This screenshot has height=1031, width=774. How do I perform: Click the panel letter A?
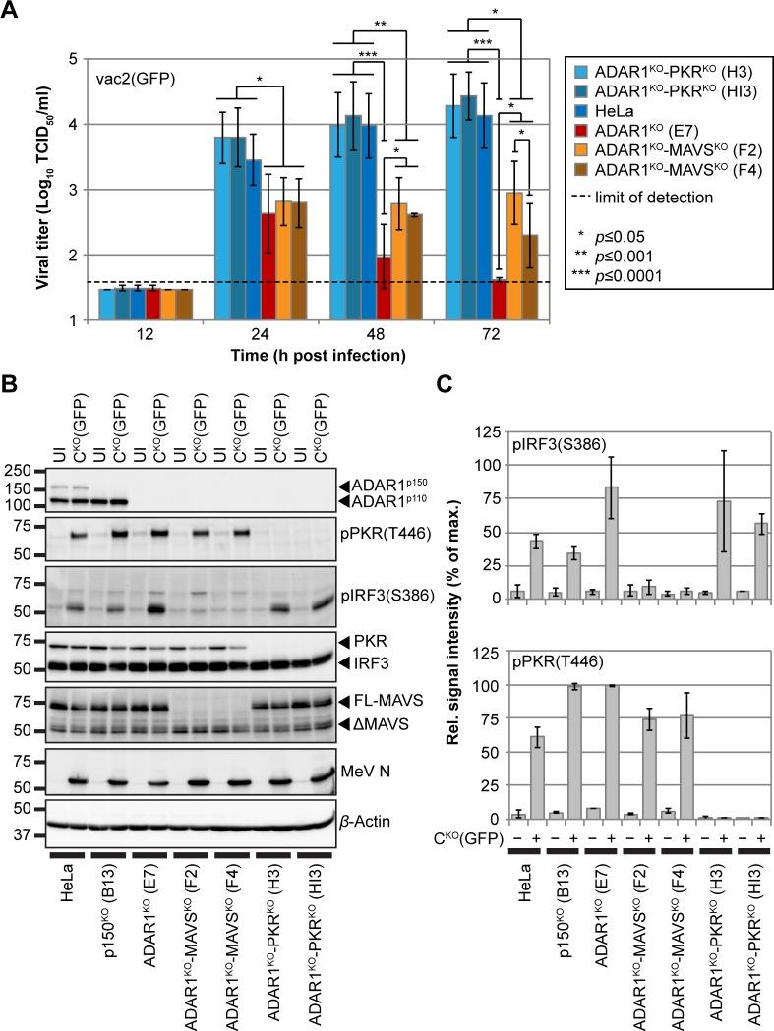point(13,13)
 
